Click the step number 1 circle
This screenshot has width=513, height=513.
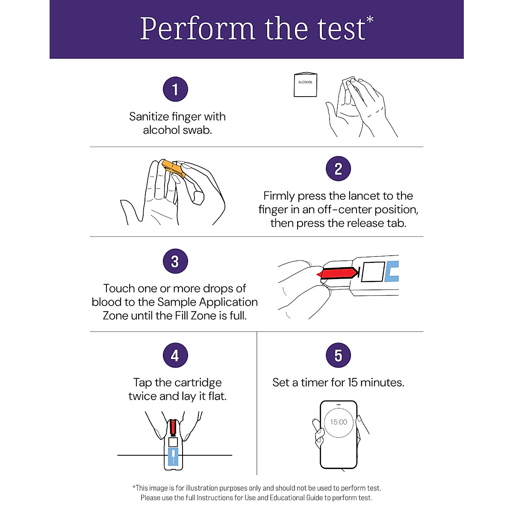click(x=175, y=89)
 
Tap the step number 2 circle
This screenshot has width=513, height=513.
click(x=338, y=168)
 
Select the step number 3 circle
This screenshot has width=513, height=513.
click(x=175, y=261)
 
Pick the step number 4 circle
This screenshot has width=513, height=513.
click(x=175, y=355)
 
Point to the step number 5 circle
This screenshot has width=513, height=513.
click(x=338, y=355)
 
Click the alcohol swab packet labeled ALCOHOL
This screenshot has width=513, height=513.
click(x=305, y=85)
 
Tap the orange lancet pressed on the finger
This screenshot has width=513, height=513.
click(x=174, y=168)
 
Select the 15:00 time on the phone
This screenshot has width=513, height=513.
click(x=338, y=422)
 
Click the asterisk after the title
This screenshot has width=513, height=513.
click(x=370, y=20)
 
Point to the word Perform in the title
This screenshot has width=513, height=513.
click(x=197, y=29)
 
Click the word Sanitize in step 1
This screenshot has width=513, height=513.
click(x=149, y=116)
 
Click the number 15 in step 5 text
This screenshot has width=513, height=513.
click(x=352, y=382)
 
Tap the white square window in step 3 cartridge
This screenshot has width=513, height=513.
click(x=373, y=271)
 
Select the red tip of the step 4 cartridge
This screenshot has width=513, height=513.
click(x=173, y=427)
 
